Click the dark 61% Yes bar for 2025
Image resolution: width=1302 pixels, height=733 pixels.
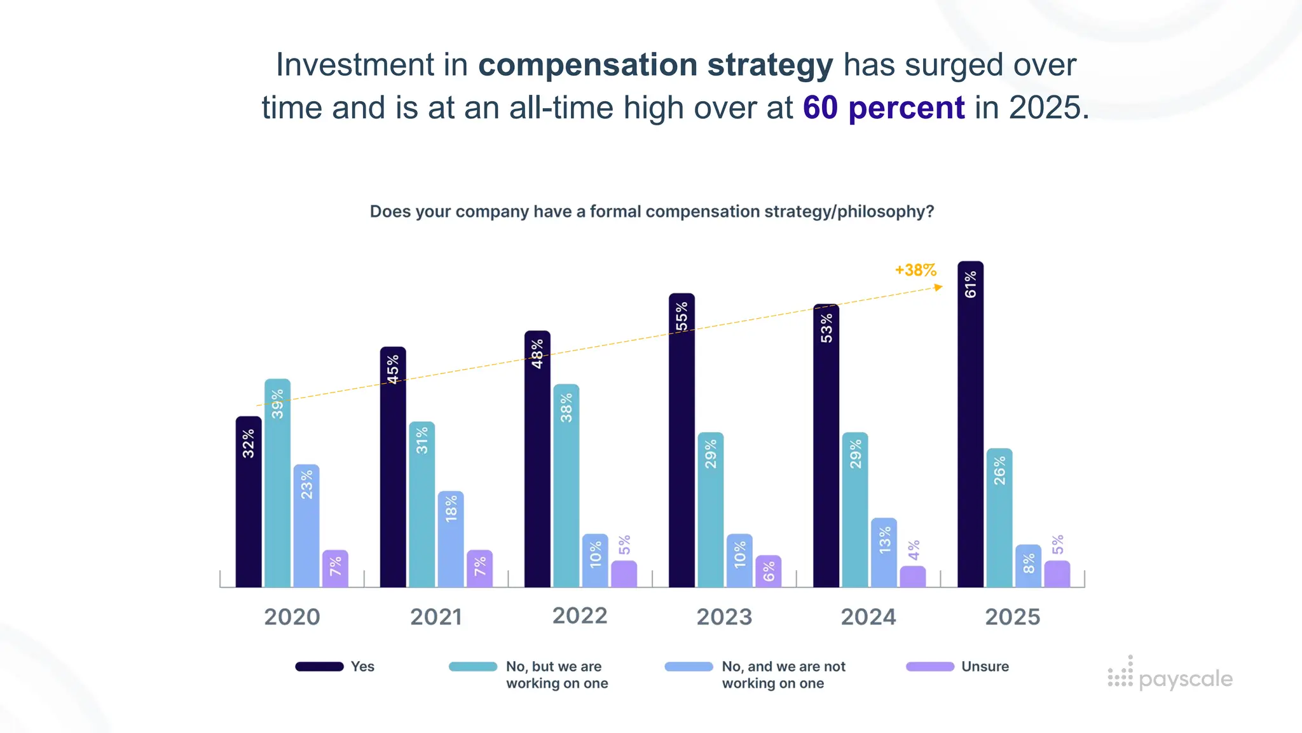point(970,426)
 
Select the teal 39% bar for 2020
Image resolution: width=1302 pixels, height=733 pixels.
point(277,484)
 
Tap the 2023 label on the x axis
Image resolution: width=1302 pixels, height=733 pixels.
point(724,617)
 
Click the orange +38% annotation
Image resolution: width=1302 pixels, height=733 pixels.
point(915,270)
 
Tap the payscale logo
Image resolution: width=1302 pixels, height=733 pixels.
point(1170,676)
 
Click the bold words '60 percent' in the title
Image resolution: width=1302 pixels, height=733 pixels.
point(884,108)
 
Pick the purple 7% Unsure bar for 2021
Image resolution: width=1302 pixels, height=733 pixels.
point(479,568)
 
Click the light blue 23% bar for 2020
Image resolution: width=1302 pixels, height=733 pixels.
point(306,526)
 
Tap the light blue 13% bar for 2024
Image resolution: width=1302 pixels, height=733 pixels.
point(884,552)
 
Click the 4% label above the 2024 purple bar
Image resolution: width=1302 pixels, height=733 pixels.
point(914,550)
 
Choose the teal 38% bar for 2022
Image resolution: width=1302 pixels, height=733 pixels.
point(566,485)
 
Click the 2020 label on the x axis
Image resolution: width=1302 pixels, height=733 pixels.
point(292,617)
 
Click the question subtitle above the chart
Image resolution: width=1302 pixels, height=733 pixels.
point(652,211)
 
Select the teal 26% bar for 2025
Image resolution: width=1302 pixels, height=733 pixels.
point(999,518)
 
